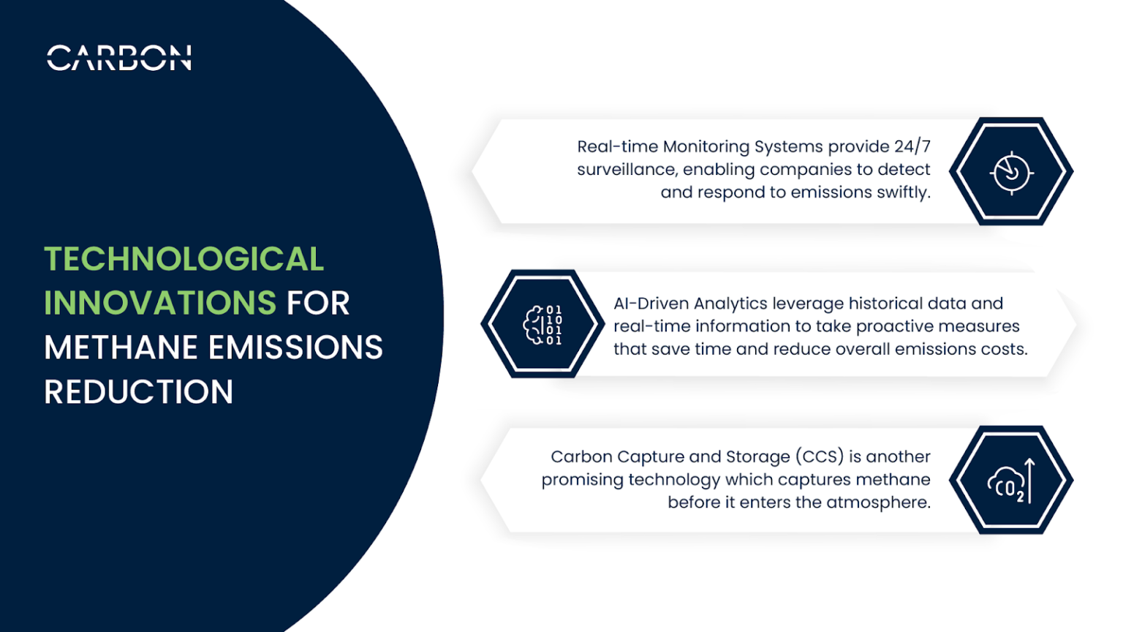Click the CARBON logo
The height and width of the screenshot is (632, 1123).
119,58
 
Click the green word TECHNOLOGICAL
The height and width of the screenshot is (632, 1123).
184,260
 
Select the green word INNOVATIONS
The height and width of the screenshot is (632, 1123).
159,304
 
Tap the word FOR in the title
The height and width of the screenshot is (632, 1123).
318,304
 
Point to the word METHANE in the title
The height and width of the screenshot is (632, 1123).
121,347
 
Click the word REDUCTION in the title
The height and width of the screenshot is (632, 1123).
138,392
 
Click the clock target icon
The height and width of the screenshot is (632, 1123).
1011,173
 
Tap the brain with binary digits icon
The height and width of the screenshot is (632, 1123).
542,325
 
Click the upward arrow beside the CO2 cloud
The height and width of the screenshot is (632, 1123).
1029,481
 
